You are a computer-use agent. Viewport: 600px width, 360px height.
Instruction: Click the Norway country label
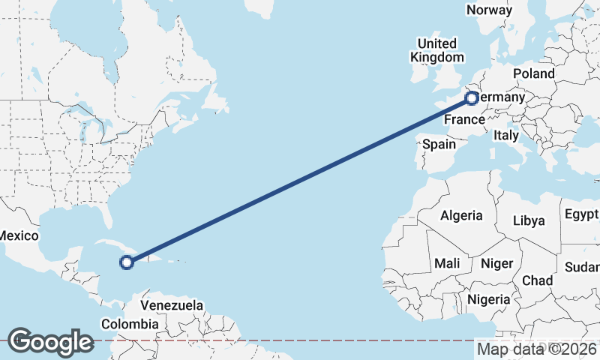pyautogui.click(x=489, y=10)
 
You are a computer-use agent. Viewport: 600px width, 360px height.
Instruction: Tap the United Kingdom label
pyautogui.click(x=436, y=50)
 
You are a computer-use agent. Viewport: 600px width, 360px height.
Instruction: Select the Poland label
pyautogui.click(x=533, y=73)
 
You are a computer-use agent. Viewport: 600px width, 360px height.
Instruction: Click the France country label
pyautogui.click(x=463, y=120)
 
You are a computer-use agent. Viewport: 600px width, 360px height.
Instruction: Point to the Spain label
pyautogui.click(x=439, y=144)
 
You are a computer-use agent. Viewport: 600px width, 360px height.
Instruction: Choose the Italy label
pyautogui.click(x=505, y=136)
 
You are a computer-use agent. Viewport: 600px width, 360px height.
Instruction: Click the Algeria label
pyautogui.click(x=461, y=215)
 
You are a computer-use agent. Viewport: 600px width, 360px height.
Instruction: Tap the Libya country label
pyautogui.click(x=529, y=220)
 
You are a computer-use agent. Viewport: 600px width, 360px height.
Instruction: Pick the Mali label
pyautogui.click(x=447, y=263)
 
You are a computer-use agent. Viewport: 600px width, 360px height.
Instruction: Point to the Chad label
pyautogui.click(x=537, y=280)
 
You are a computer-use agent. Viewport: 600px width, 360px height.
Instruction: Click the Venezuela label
pyautogui.click(x=172, y=306)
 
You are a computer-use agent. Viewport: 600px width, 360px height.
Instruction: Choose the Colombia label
pyautogui.click(x=130, y=324)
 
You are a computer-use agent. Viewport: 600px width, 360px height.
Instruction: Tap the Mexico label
pyautogui.click(x=18, y=235)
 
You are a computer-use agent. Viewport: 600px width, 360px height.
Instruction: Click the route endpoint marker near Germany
pyautogui.click(x=472, y=98)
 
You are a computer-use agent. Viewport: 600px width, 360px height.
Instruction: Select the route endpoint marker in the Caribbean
pyautogui.click(x=127, y=262)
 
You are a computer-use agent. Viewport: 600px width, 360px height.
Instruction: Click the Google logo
pyautogui.click(x=50, y=342)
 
